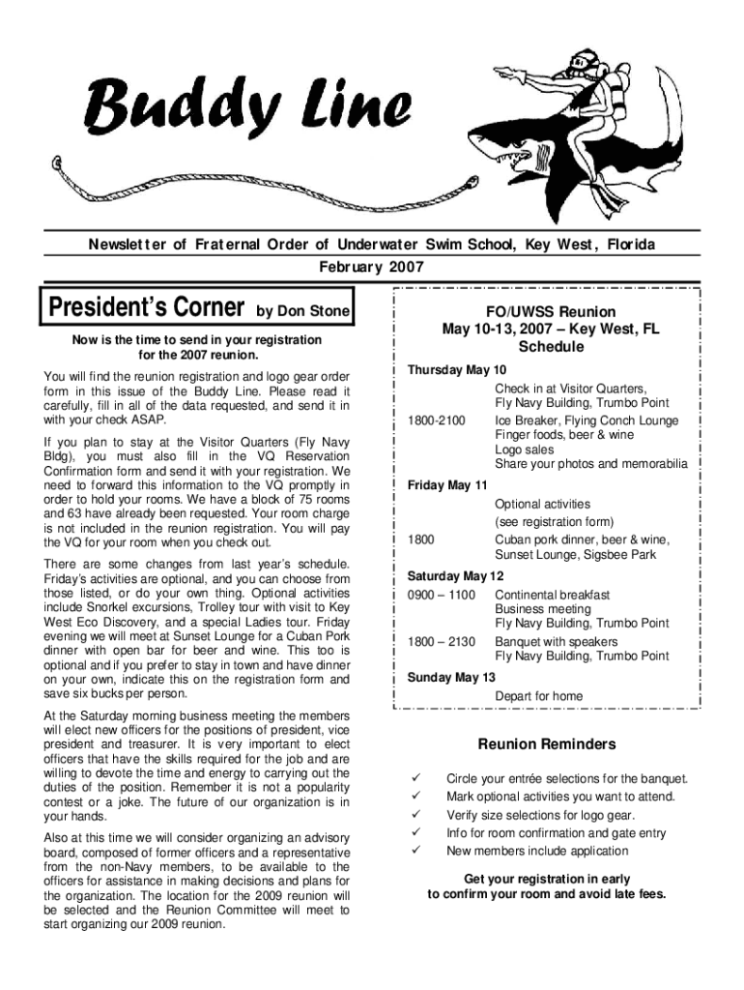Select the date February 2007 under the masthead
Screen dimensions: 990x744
[x=372, y=266]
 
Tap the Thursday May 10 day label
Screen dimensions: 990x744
[x=456, y=370]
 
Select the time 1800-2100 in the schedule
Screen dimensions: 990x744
[x=436, y=421]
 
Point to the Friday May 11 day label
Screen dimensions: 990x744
[x=448, y=483]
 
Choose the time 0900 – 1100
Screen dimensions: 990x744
[x=442, y=595]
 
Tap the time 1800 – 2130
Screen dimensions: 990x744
[x=442, y=641]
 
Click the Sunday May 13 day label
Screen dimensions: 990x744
[x=451, y=677]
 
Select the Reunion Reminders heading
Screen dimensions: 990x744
[x=547, y=744]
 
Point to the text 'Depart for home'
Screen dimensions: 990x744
[x=539, y=695]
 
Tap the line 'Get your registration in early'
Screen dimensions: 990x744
[x=547, y=879]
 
